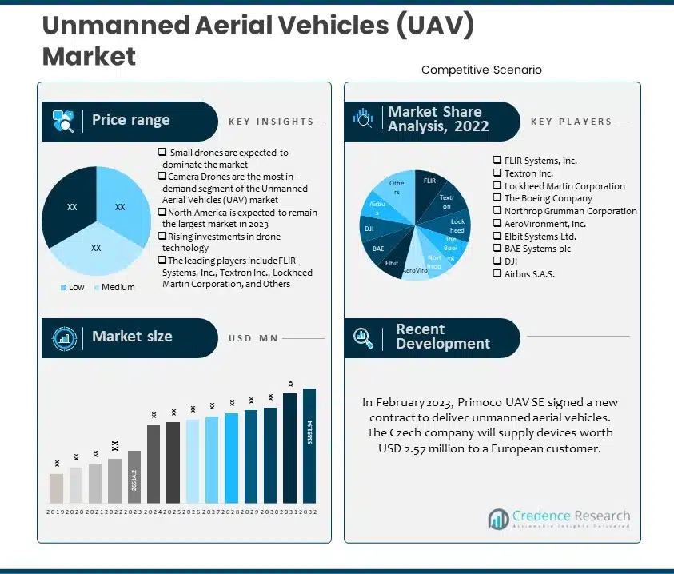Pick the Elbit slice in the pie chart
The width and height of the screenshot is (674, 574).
tap(391, 263)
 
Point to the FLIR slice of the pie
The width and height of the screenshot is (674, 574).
tap(429, 183)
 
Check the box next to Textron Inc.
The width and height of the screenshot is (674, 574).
tap(497, 173)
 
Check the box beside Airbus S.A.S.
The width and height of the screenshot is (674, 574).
tap(497, 274)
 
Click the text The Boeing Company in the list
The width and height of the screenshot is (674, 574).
tap(548, 198)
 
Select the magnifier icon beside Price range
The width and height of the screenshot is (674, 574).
tap(63, 121)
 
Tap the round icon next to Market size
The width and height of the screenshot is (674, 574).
tap(63, 337)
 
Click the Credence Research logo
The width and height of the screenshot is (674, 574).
tap(559, 519)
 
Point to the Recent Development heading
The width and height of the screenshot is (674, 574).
tap(442, 337)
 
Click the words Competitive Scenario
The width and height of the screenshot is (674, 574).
tap(481, 70)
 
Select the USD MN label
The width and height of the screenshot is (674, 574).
tap(253, 338)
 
